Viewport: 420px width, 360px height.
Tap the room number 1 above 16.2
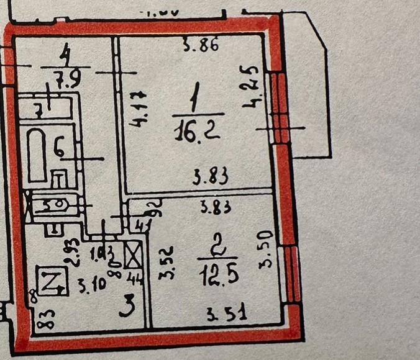(x=195, y=99)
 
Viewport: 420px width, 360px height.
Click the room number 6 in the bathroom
(x=59, y=149)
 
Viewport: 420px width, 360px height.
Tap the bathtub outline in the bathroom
(x=37, y=155)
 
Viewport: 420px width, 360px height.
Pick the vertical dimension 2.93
(x=73, y=253)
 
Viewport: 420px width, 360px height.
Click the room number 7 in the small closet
(x=39, y=112)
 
